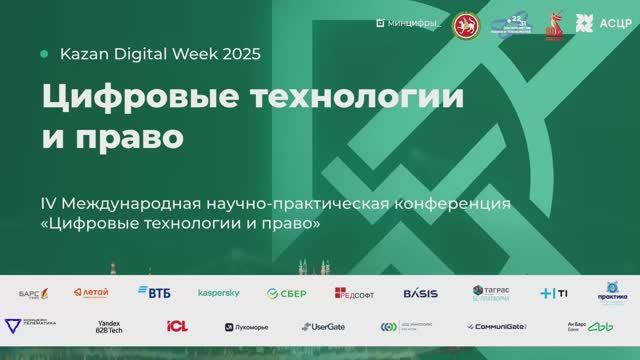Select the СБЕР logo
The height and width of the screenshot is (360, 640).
tap(286, 293)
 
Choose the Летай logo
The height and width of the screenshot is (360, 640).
tap(91, 292)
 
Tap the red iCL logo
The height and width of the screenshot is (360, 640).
tap(177, 326)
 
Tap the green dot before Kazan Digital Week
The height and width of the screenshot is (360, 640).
tap(43, 54)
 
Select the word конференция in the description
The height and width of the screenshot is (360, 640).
tap(454, 204)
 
